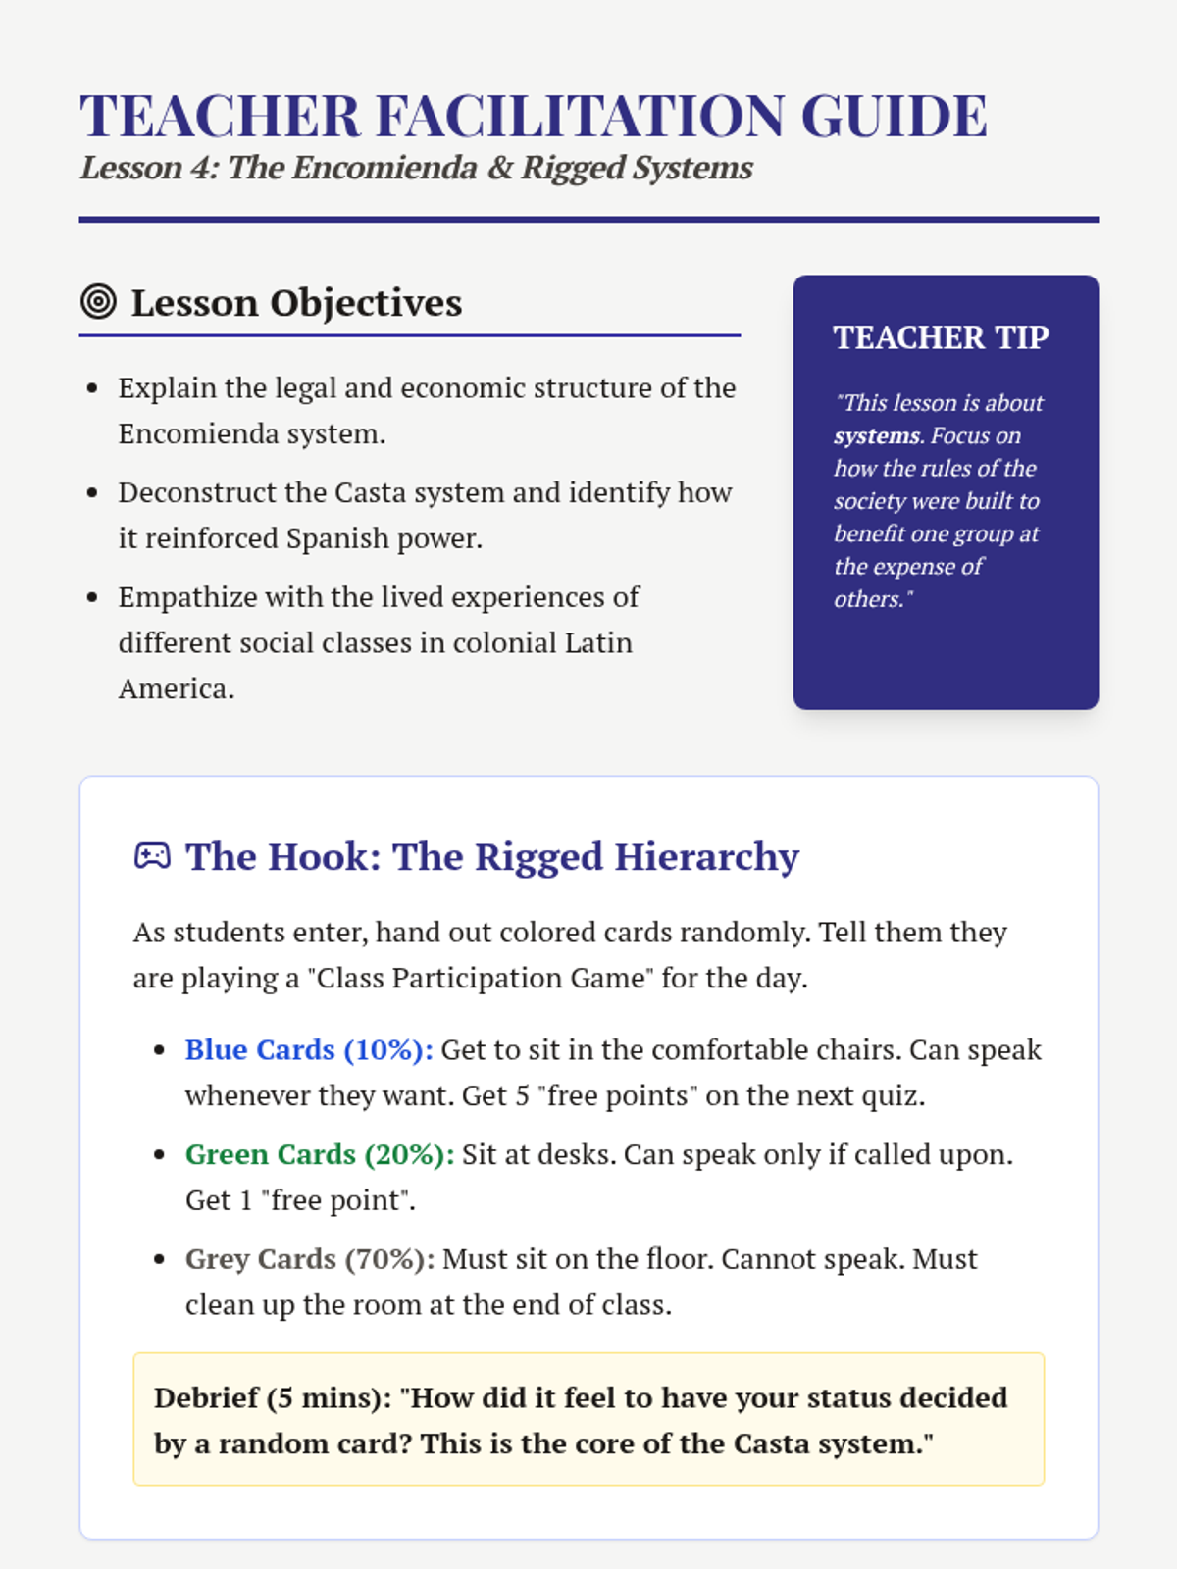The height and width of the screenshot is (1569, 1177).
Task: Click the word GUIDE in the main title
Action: coord(894,116)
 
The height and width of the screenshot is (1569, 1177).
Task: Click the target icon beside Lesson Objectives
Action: coord(98,301)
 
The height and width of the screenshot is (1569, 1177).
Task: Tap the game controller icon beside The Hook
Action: coord(152,856)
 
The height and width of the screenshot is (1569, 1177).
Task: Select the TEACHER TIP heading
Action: coord(941,337)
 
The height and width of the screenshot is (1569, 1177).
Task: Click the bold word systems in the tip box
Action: coord(877,435)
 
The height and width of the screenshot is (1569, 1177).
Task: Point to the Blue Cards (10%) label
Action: coord(309,1049)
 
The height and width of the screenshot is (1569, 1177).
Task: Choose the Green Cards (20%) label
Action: coord(320,1154)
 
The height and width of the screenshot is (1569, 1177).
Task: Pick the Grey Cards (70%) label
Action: coord(310,1259)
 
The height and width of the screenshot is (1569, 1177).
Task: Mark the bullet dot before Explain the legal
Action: coord(92,388)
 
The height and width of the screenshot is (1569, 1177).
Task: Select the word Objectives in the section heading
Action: coord(366,303)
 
